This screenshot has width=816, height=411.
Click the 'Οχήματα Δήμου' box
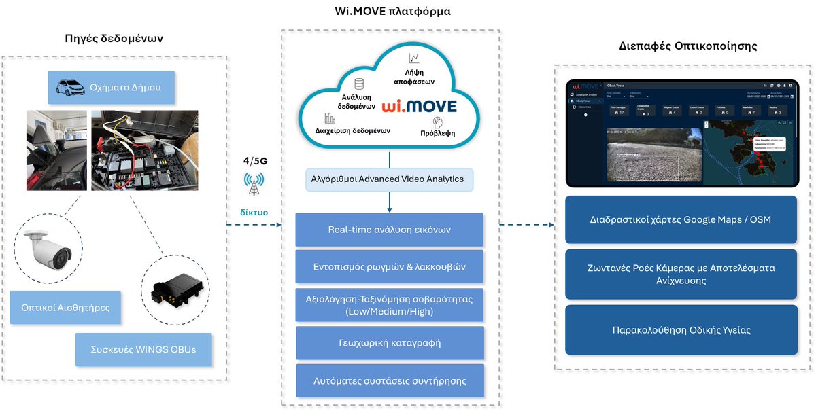pos(112,87)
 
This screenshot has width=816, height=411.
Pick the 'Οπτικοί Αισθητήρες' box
pos(65,308)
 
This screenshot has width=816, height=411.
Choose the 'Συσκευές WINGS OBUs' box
pos(143,349)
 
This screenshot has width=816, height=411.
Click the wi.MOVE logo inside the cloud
pos(419,107)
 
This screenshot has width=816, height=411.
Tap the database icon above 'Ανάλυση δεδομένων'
pos(358,84)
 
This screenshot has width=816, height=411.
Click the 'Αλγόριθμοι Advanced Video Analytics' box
pos(389,179)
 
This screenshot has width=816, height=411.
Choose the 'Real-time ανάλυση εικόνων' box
pos(389,230)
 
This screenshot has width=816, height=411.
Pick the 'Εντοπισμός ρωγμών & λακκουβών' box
pos(389,267)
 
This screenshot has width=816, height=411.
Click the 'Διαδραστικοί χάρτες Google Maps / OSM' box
pos(681,219)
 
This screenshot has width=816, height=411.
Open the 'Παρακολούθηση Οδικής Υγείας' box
pos(681,330)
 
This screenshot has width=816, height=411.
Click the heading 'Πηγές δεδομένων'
pos(114,38)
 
